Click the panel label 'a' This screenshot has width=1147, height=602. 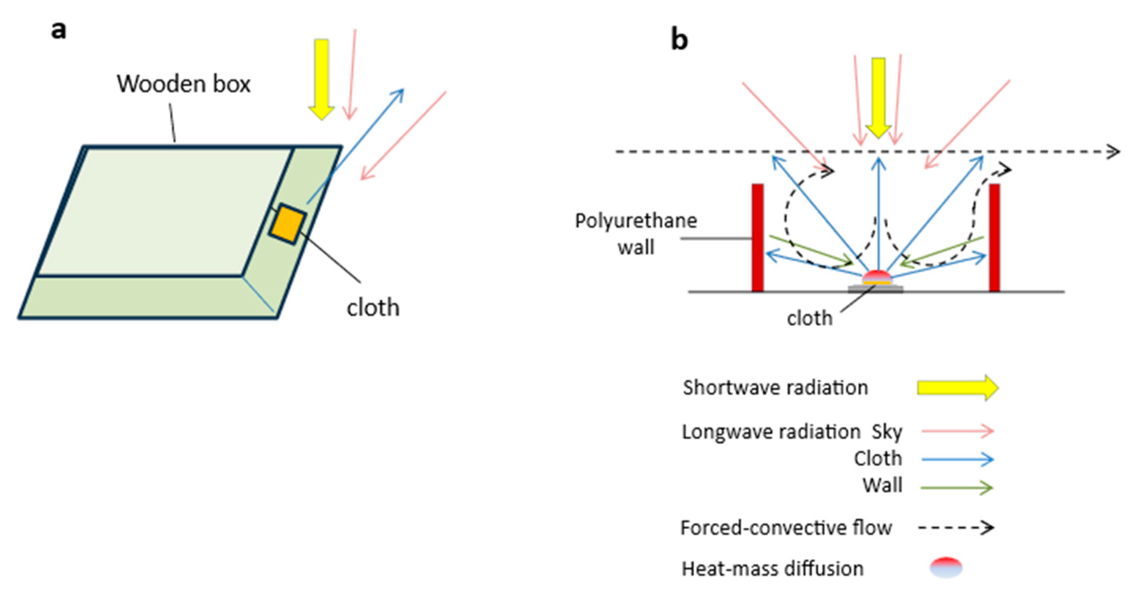59,31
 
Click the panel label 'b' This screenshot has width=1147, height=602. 679,40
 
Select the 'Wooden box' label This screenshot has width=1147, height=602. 183,84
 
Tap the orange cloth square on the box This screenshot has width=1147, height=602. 287,224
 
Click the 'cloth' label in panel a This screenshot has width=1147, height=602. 373,307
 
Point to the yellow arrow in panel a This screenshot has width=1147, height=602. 321,79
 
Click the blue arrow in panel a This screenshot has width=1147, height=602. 355,146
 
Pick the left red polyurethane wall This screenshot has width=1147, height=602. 758,238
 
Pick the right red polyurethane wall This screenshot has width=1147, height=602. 995,238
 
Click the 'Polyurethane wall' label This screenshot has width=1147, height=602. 636,234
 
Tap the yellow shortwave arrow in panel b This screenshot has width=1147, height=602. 878,98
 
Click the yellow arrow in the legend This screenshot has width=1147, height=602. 958,388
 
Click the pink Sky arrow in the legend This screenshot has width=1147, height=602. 958,431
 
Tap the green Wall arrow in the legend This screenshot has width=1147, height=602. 957,488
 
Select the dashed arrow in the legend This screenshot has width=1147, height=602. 956,528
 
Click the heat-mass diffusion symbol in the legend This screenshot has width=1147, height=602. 946,568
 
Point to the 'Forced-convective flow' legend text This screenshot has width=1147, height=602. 786,528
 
